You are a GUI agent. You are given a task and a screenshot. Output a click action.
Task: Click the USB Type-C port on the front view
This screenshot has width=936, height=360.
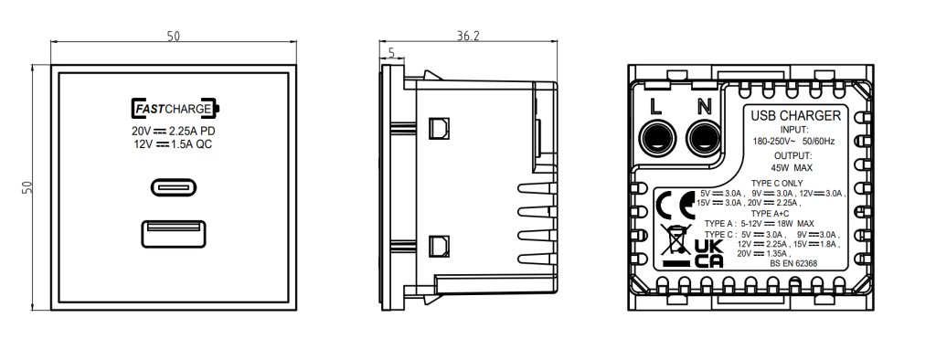click(x=174, y=187)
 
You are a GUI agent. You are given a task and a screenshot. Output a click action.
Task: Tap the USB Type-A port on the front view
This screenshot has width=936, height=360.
click(x=174, y=233)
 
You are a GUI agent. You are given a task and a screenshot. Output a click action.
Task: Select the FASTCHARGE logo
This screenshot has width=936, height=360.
click(x=175, y=109)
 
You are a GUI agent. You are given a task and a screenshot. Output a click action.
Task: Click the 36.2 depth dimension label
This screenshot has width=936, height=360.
click(x=468, y=36)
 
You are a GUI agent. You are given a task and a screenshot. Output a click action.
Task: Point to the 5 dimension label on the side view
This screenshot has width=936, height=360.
click(x=391, y=53)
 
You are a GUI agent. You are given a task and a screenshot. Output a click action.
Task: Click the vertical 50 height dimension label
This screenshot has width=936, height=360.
click(x=27, y=187)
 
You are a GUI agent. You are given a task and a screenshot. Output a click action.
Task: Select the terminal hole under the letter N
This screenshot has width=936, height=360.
click(x=704, y=139)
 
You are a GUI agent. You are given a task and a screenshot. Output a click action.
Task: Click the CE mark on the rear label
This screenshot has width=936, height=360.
click(x=675, y=206)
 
